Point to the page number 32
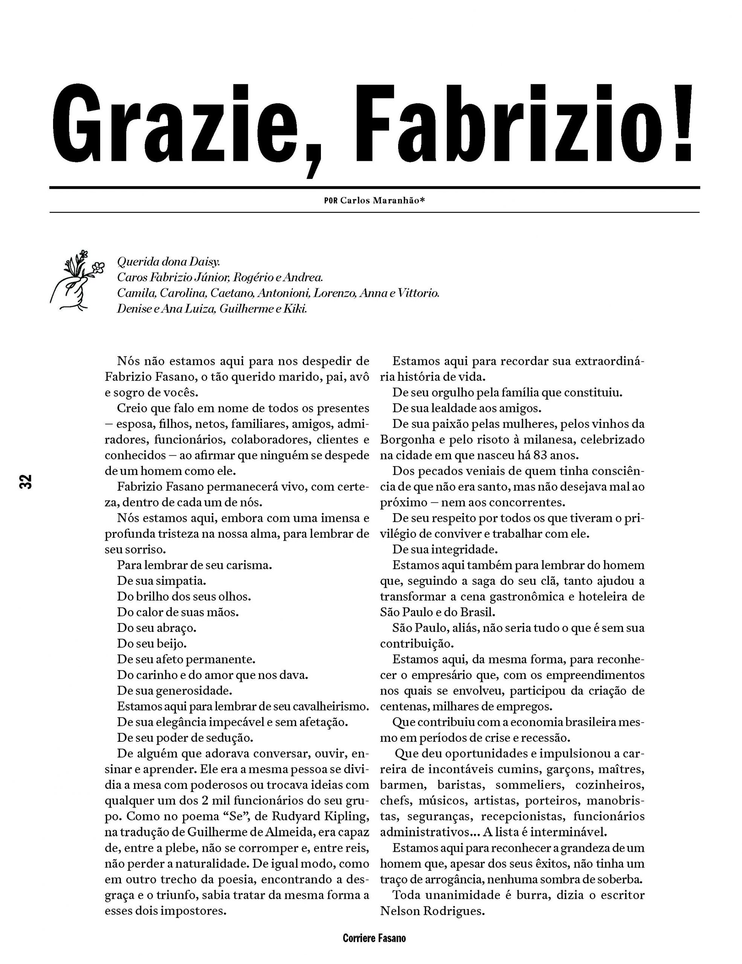click(26, 482)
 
